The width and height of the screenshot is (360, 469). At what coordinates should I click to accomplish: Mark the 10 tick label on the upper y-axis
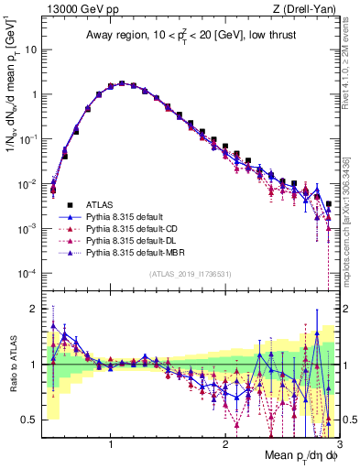[x=30, y=49]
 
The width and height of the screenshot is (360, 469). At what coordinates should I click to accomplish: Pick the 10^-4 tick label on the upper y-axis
[x=27, y=273]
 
